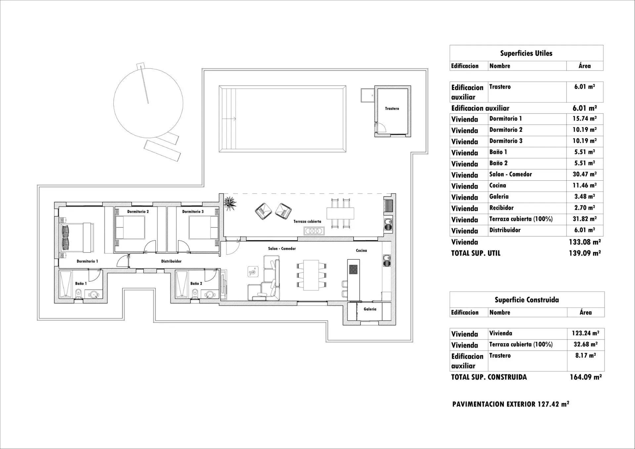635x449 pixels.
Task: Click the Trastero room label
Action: (392, 109)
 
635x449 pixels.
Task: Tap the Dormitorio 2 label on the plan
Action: (138, 211)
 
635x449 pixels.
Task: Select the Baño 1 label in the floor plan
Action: (81, 284)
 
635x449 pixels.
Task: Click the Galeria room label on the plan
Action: (370, 309)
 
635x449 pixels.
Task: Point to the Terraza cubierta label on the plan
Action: (307, 222)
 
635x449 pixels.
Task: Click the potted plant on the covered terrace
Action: (230, 202)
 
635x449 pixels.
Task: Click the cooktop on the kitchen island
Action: (353, 269)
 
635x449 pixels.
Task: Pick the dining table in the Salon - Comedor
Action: (311, 275)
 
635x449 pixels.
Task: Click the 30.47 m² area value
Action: (584, 174)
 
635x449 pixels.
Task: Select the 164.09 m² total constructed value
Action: (585, 377)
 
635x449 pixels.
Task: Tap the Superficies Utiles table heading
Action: (526, 53)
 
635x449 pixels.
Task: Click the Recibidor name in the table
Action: (501, 208)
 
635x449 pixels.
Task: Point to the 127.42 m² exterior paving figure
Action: (553, 404)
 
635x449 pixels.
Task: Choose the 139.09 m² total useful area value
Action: (584, 253)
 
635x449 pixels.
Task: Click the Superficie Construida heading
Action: (527, 300)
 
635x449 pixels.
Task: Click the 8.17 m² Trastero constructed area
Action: (585, 356)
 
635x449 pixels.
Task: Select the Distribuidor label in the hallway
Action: (171, 261)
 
